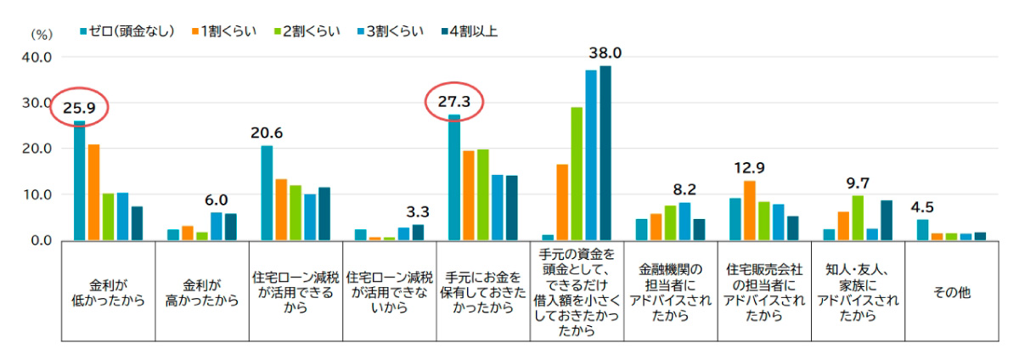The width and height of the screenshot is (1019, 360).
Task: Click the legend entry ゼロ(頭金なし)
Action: coord(132,31)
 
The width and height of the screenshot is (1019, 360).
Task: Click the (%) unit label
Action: coord(42,35)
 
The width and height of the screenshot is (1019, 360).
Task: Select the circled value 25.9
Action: coord(78,108)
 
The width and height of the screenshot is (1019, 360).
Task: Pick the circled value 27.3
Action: coord(453,102)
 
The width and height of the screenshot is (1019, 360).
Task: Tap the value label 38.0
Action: coord(605,53)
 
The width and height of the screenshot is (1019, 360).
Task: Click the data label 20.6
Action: coord(266,132)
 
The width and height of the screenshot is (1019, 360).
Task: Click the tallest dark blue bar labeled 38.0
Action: coord(605,153)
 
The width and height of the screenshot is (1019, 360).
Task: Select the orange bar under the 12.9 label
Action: coord(749,211)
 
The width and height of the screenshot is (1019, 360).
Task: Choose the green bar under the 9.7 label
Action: coord(857,218)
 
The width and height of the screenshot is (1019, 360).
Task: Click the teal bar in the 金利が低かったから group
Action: coord(79,181)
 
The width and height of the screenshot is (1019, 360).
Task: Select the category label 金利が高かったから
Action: coord(201,291)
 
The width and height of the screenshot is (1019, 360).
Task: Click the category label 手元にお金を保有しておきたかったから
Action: coord(482,291)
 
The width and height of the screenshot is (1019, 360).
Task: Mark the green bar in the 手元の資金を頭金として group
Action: coord(577,174)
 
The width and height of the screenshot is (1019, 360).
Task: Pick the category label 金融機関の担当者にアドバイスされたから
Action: coord(670,291)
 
